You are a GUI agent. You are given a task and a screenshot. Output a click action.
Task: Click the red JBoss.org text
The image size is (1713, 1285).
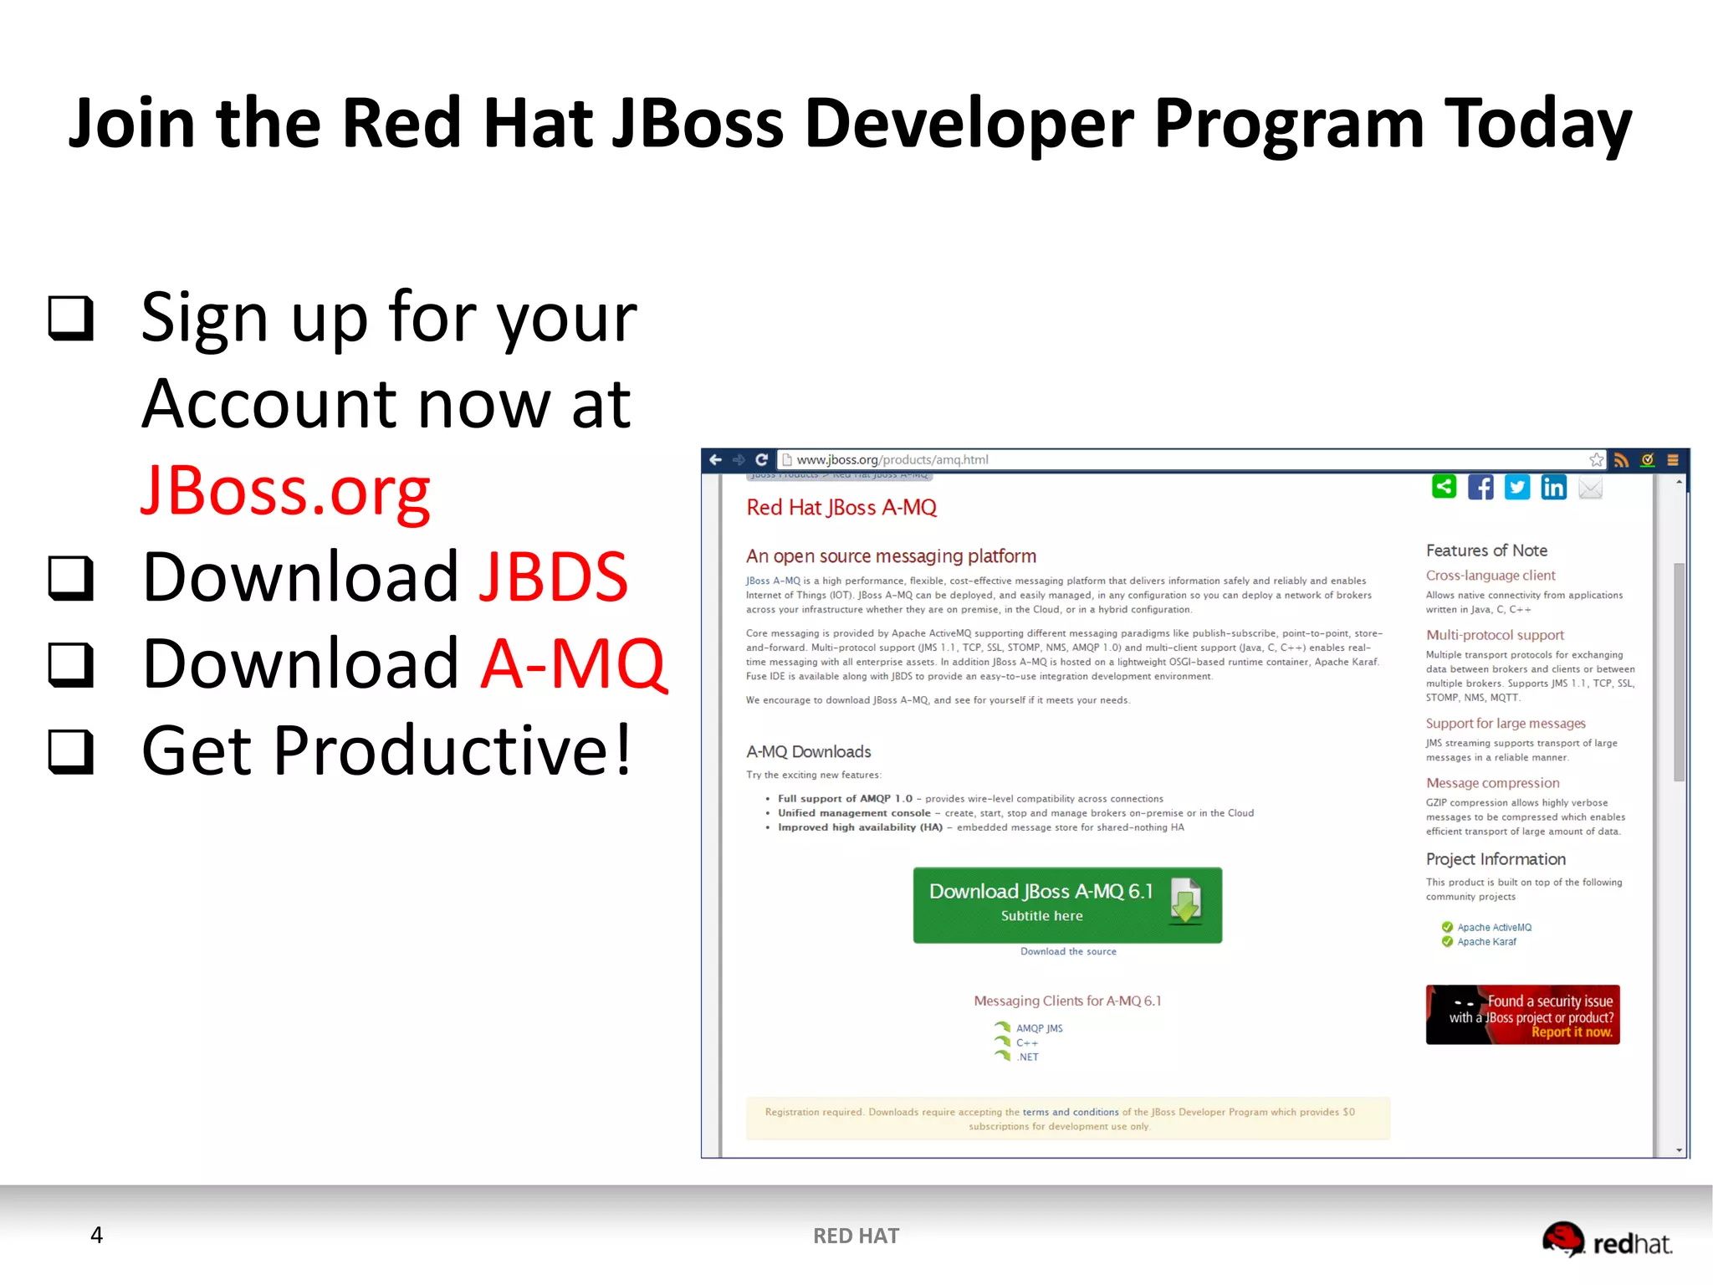click(x=285, y=492)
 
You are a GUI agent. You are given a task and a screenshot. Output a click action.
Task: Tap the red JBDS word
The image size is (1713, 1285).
click(x=553, y=577)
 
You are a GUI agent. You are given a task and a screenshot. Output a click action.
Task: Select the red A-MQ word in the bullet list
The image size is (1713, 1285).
click(x=574, y=664)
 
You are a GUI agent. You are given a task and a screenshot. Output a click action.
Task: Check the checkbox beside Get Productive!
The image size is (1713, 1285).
click(x=70, y=750)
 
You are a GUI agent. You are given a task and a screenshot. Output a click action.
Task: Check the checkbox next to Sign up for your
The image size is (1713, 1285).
click(x=70, y=318)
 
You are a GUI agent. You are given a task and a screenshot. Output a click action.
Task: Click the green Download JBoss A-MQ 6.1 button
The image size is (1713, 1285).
click(x=1066, y=904)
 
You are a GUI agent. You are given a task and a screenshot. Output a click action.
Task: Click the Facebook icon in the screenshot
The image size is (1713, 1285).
click(x=1480, y=487)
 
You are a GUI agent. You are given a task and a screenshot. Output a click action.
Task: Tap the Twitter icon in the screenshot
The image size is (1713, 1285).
click(x=1516, y=487)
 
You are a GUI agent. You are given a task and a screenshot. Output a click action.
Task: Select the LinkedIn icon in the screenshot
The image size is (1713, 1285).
click(x=1553, y=487)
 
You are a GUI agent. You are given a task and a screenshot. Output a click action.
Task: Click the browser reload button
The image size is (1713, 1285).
click(x=761, y=459)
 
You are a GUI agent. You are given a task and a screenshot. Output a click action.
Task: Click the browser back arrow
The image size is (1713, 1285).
click(x=715, y=459)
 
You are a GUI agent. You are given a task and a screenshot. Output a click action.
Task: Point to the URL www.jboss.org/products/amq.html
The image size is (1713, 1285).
click(x=892, y=459)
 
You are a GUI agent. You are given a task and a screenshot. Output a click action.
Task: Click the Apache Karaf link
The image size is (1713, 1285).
click(x=1486, y=942)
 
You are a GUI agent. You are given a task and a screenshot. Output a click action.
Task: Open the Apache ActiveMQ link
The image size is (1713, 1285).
click(x=1494, y=927)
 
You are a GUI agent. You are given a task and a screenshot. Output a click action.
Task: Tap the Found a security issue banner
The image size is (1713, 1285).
click(x=1522, y=1015)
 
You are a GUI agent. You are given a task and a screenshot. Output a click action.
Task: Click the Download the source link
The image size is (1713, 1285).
click(x=1068, y=951)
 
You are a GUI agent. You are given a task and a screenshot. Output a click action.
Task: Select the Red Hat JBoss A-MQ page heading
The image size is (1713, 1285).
click(x=841, y=508)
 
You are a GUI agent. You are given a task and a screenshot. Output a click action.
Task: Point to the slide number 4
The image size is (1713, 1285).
click(x=97, y=1235)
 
